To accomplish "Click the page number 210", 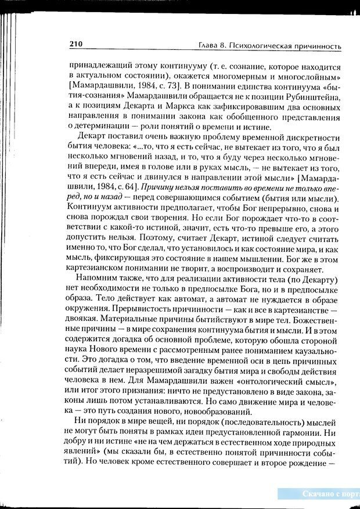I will coord(77,44).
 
